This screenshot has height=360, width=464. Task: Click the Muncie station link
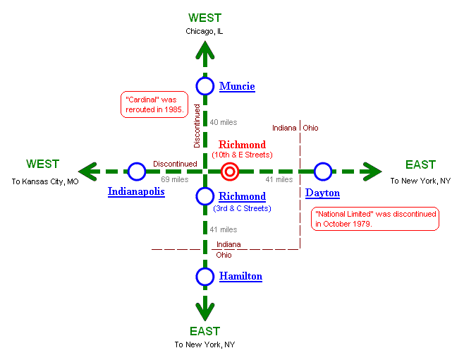pyautogui.click(x=237, y=86)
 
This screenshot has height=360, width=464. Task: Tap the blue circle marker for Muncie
pyautogui.click(x=205, y=86)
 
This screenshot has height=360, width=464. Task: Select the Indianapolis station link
pyautogui.click(x=136, y=191)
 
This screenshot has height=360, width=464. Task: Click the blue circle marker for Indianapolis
pyautogui.click(x=137, y=172)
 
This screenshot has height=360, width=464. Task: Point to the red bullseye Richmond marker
pyautogui.click(x=229, y=172)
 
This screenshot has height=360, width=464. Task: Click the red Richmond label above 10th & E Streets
pyautogui.click(x=242, y=145)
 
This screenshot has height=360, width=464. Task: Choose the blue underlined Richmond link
pyautogui.click(x=242, y=196)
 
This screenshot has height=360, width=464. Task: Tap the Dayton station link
pyautogui.click(x=322, y=193)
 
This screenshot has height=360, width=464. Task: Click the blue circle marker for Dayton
pyautogui.click(x=322, y=172)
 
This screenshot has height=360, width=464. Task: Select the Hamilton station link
pyautogui.click(x=240, y=277)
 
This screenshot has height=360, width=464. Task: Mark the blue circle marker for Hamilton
pyautogui.click(x=205, y=277)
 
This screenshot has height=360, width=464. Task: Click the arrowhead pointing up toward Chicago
pyautogui.click(x=205, y=49)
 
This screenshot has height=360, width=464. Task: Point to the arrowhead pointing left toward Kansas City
pyautogui.click(x=87, y=172)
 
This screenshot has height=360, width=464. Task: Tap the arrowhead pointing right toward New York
pyautogui.click(x=372, y=172)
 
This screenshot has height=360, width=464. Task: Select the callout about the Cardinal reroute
pyautogui.click(x=154, y=104)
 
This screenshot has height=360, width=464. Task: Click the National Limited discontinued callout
pyautogui.click(x=375, y=219)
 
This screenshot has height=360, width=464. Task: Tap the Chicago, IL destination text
pyautogui.click(x=204, y=31)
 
